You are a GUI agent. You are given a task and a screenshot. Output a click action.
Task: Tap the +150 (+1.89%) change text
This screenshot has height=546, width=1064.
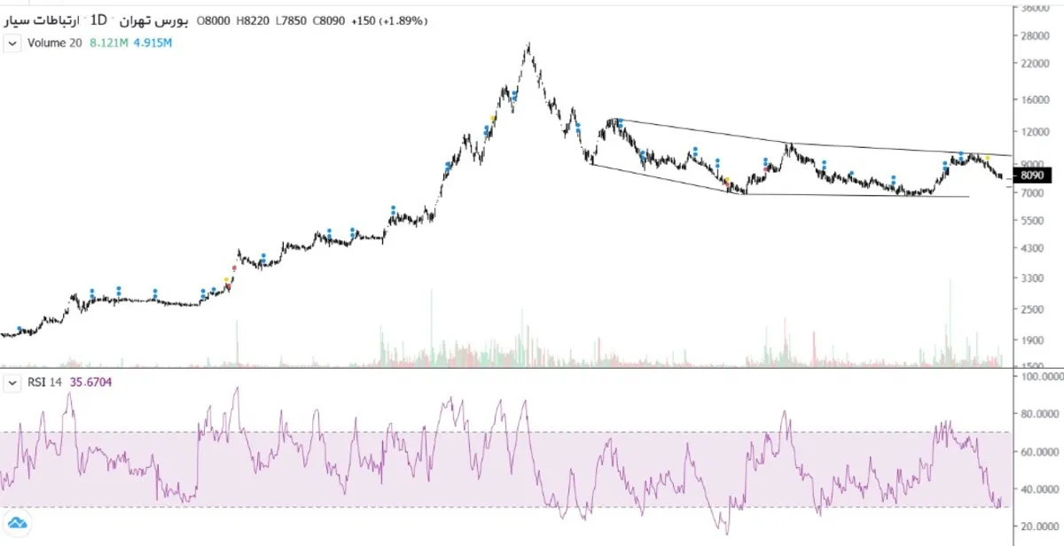(x=390, y=20)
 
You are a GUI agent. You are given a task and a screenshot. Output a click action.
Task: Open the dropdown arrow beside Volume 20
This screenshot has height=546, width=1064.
(x=12, y=43)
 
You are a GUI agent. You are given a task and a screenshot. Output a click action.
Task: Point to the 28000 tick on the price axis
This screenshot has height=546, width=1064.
(x=1037, y=36)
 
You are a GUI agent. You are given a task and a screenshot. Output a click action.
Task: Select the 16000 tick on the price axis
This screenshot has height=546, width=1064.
(x=1037, y=101)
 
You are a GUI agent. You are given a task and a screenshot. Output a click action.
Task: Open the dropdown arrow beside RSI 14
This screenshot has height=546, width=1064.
(x=12, y=383)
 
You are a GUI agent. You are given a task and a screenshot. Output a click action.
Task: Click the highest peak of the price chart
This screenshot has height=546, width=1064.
(x=528, y=43)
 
